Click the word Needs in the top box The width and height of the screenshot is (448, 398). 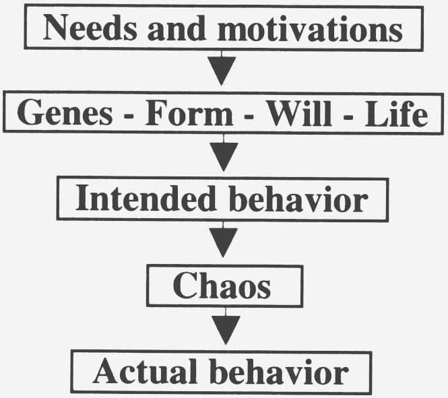pyautogui.click(x=90, y=28)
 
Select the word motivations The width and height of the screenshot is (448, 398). pyautogui.click(x=310, y=28)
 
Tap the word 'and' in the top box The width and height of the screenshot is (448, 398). pyautogui.click(x=177, y=28)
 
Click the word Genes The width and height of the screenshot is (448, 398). pyautogui.click(x=65, y=112)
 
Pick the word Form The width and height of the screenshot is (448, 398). pyautogui.click(x=189, y=112)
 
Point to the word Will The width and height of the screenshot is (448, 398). pyautogui.click(x=299, y=113)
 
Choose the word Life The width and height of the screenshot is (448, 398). pyautogui.click(x=396, y=114)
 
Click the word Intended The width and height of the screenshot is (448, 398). pyautogui.click(x=146, y=198)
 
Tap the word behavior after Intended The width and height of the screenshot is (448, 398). pyautogui.click(x=298, y=199)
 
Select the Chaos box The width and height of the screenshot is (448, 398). pyautogui.click(x=224, y=286)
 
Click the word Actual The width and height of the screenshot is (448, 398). pyautogui.click(x=145, y=372)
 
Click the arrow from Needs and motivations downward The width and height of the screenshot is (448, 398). pyautogui.click(x=222, y=68)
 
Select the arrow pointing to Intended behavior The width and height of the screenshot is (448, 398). pyautogui.click(x=224, y=153)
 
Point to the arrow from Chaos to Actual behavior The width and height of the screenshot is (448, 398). pyautogui.click(x=226, y=326)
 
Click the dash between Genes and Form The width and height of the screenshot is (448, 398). pyautogui.click(x=129, y=117)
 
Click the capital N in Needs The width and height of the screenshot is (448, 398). pyautogui.click(x=55, y=28)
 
